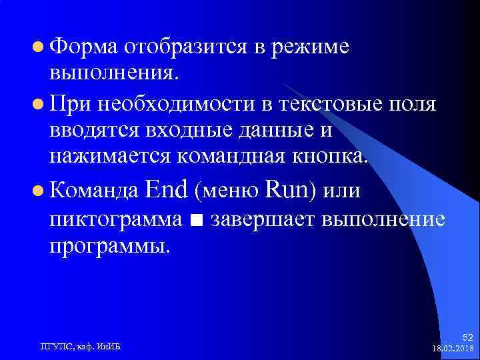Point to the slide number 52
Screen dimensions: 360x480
(x=467, y=338)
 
